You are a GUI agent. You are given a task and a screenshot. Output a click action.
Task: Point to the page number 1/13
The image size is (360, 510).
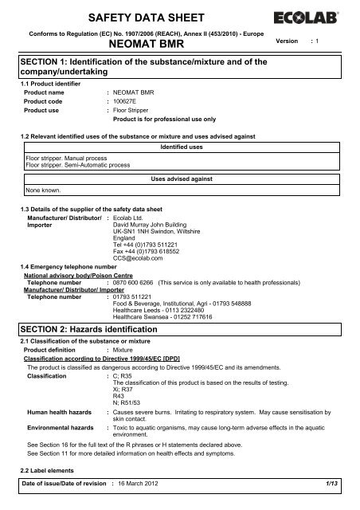(x=338, y=498)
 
